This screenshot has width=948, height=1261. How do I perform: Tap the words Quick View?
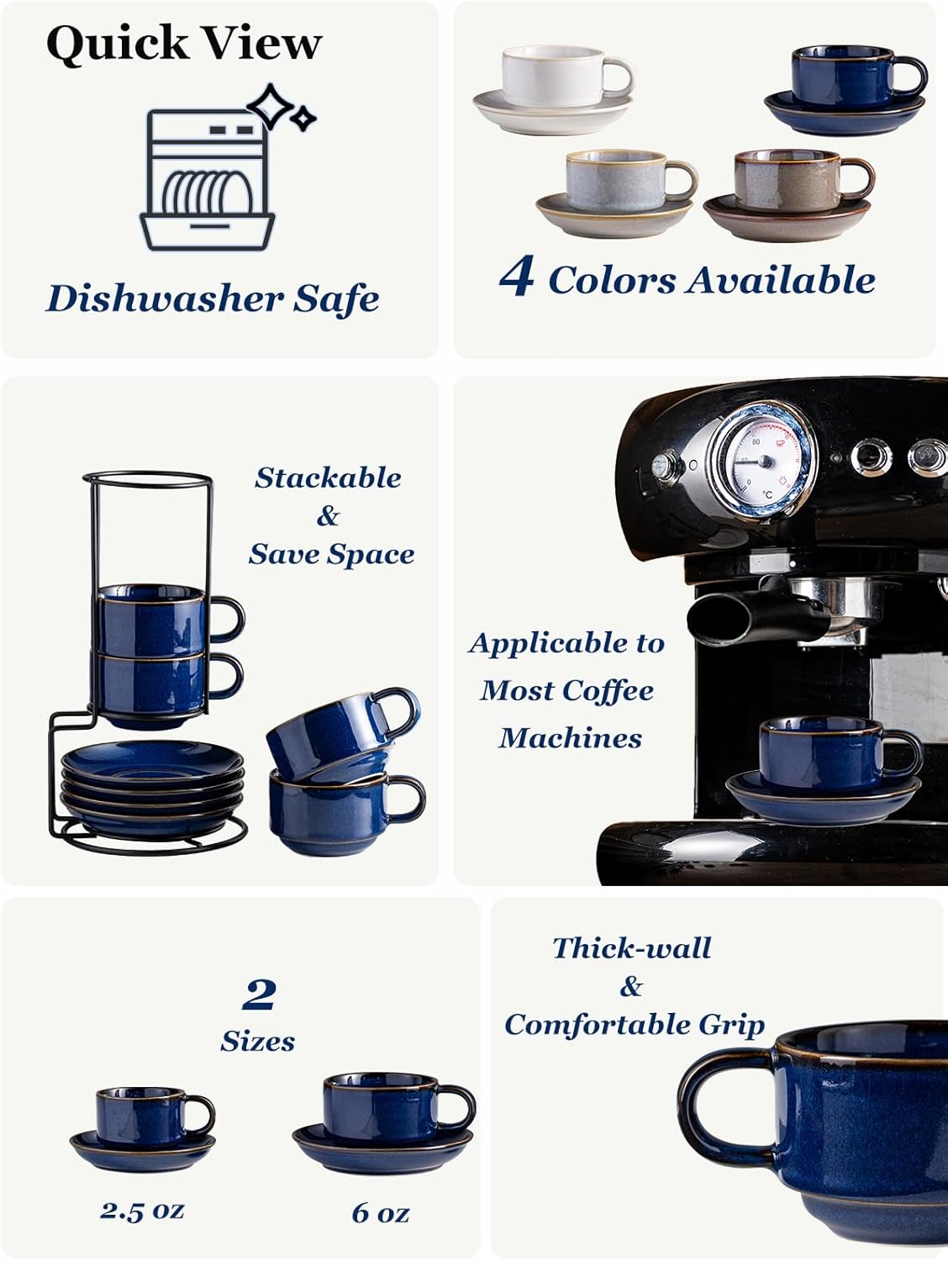184,43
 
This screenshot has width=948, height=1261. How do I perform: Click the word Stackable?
328,477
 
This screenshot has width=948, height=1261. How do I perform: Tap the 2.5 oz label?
141,1210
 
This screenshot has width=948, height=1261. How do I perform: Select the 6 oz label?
380,1212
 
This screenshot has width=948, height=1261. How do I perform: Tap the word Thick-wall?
631,948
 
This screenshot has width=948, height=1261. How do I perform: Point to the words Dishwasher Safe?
212,298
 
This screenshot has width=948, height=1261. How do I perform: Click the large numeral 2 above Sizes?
259,995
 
